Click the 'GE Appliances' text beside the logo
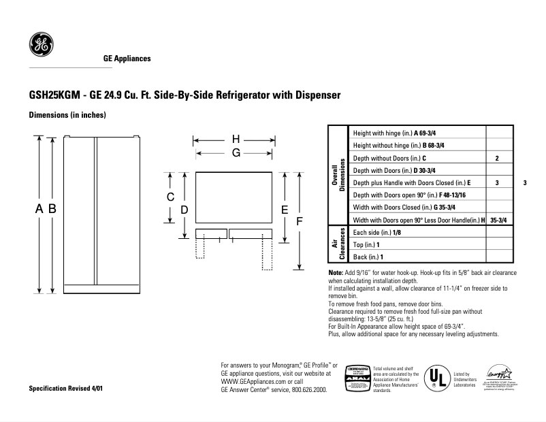pyautogui.click(x=127, y=59)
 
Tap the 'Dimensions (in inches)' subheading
pyautogui.click(x=67, y=115)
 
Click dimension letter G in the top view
pyautogui.click(x=236, y=153)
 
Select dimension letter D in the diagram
pyautogui.click(x=184, y=210)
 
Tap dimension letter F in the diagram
pyautogui.click(x=298, y=222)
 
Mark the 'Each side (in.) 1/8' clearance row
pyautogui.click(x=377, y=232)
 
